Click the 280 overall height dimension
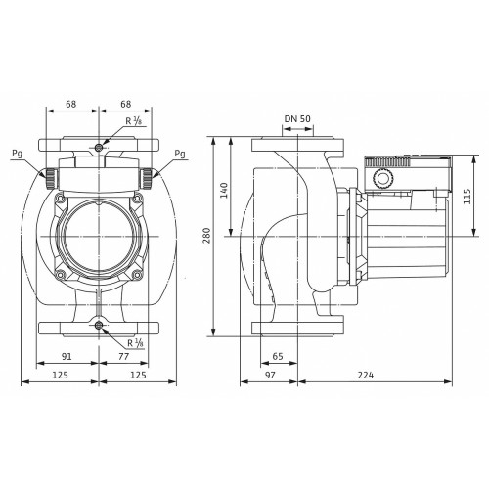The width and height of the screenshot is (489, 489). tap(207, 236)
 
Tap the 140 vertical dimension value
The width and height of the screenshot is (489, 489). tap(224, 191)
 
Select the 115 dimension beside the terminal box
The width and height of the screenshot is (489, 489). tap(467, 197)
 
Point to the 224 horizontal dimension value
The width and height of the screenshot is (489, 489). tap(366, 376)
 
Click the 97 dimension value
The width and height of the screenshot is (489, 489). tap(270, 376)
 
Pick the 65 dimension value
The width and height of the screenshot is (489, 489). tap(278, 356)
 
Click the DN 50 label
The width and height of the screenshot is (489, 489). tap(297, 119)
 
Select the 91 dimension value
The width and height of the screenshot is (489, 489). tap(67, 356)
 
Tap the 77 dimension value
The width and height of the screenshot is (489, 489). tap(123, 356)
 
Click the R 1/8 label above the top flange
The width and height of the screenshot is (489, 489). tap(134, 121)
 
